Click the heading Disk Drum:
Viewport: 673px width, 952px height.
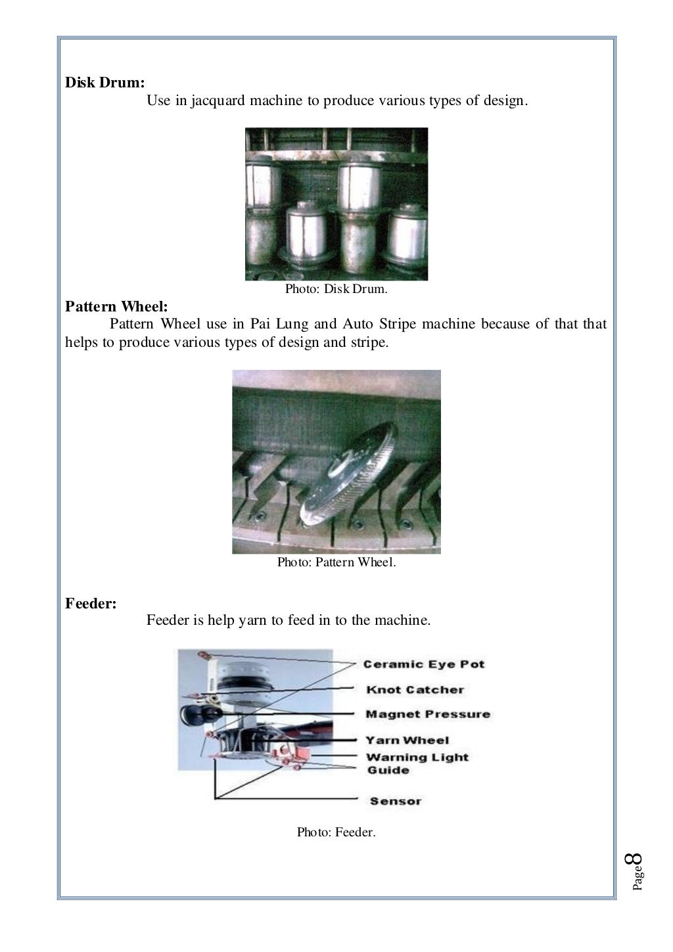coord(104,83)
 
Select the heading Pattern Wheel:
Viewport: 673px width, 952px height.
coord(116,306)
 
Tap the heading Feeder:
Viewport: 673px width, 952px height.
coord(91,603)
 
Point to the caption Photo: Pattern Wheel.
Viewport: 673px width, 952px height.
coord(336,562)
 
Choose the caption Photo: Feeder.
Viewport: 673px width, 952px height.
coord(336,832)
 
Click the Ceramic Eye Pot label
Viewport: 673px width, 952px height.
coord(423,664)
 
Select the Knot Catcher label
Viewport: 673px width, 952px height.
coord(415,690)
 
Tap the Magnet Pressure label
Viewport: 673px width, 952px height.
coord(427,714)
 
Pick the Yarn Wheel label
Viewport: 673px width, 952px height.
coord(407,740)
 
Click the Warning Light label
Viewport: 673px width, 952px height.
coord(417,757)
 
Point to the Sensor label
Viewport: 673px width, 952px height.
coord(395,801)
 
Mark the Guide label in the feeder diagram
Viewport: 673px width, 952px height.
coord(388,770)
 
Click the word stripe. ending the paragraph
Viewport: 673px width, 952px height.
coord(368,342)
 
